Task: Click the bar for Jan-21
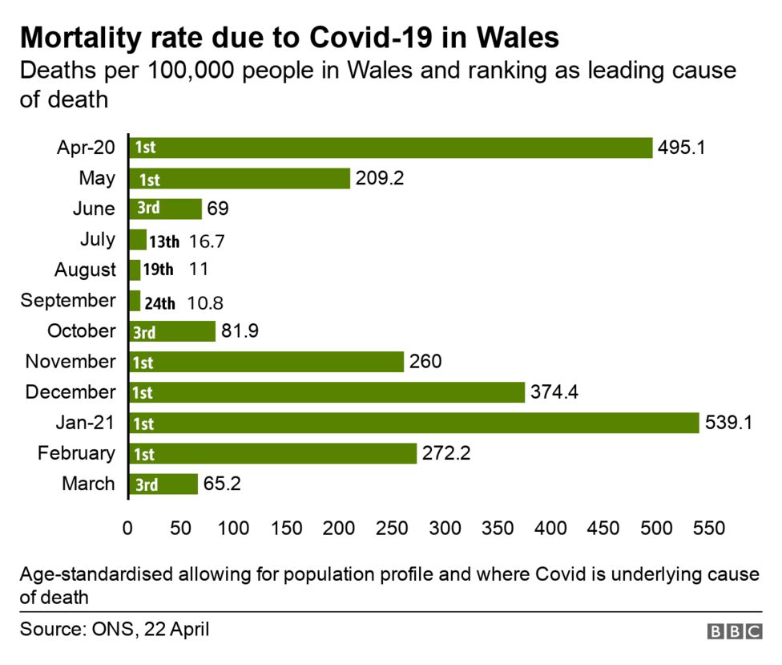(x=413, y=423)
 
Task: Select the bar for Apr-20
(x=390, y=148)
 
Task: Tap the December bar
(x=326, y=392)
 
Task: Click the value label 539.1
(x=728, y=423)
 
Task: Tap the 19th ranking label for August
(x=158, y=270)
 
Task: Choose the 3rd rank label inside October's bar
(x=144, y=332)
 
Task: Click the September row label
(x=68, y=301)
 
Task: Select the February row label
(x=76, y=453)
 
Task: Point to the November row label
(x=71, y=362)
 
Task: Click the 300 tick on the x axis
(x=445, y=529)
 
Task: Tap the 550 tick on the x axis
(x=709, y=529)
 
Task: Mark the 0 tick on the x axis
(x=128, y=529)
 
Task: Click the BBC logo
(x=734, y=632)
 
